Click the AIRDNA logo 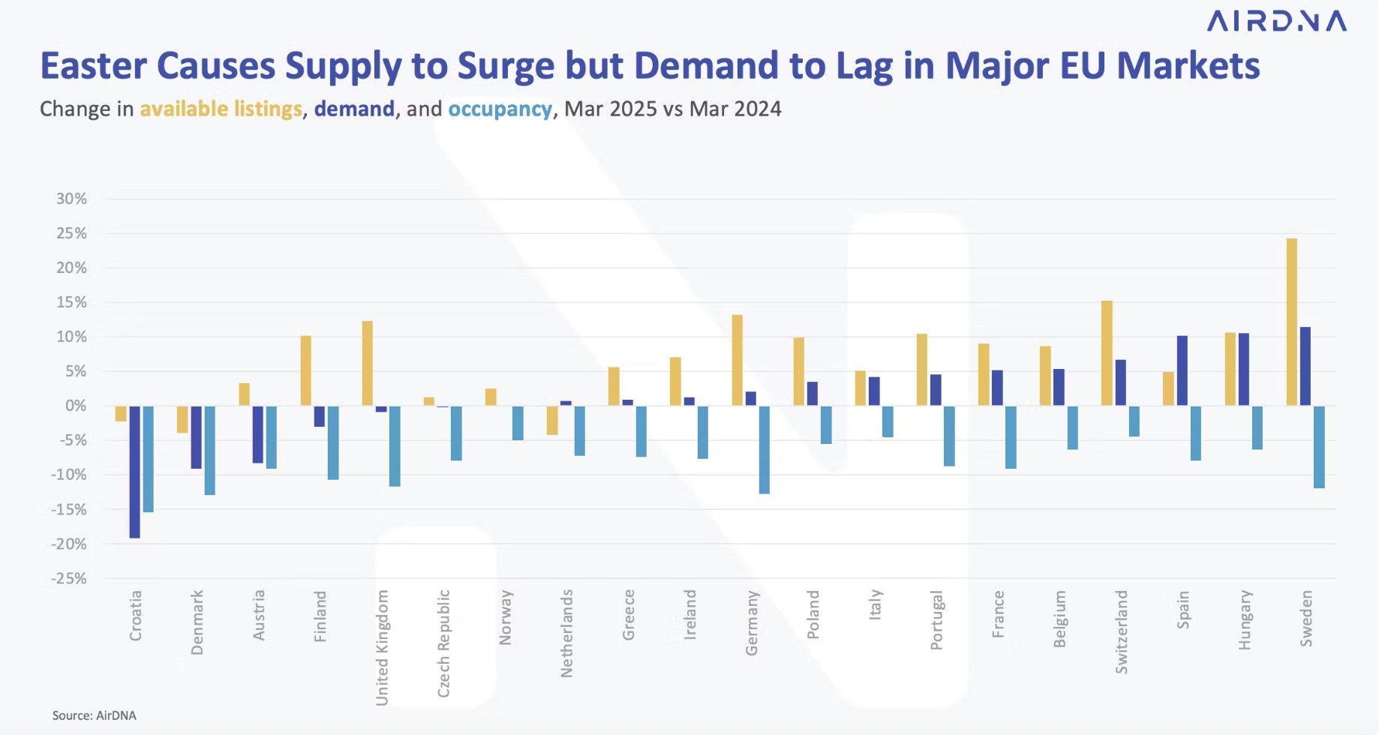[1276, 22]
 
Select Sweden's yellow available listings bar [1291, 322]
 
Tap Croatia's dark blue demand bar [134, 472]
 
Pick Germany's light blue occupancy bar [764, 450]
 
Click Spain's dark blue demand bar [1182, 371]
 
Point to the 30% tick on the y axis [72, 199]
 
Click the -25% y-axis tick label [69, 578]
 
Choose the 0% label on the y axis [76, 406]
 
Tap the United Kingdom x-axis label [382, 647]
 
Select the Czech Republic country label [443, 643]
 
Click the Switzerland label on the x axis [1121, 631]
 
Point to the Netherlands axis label [566, 633]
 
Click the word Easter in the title [93, 66]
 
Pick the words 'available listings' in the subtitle [221, 109]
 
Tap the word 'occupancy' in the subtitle [500, 109]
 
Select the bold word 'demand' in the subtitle [354, 109]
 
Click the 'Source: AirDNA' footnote [95, 715]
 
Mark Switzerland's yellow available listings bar [1107, 353]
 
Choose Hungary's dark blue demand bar [1243, 370]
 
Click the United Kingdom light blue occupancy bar [395, 446]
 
